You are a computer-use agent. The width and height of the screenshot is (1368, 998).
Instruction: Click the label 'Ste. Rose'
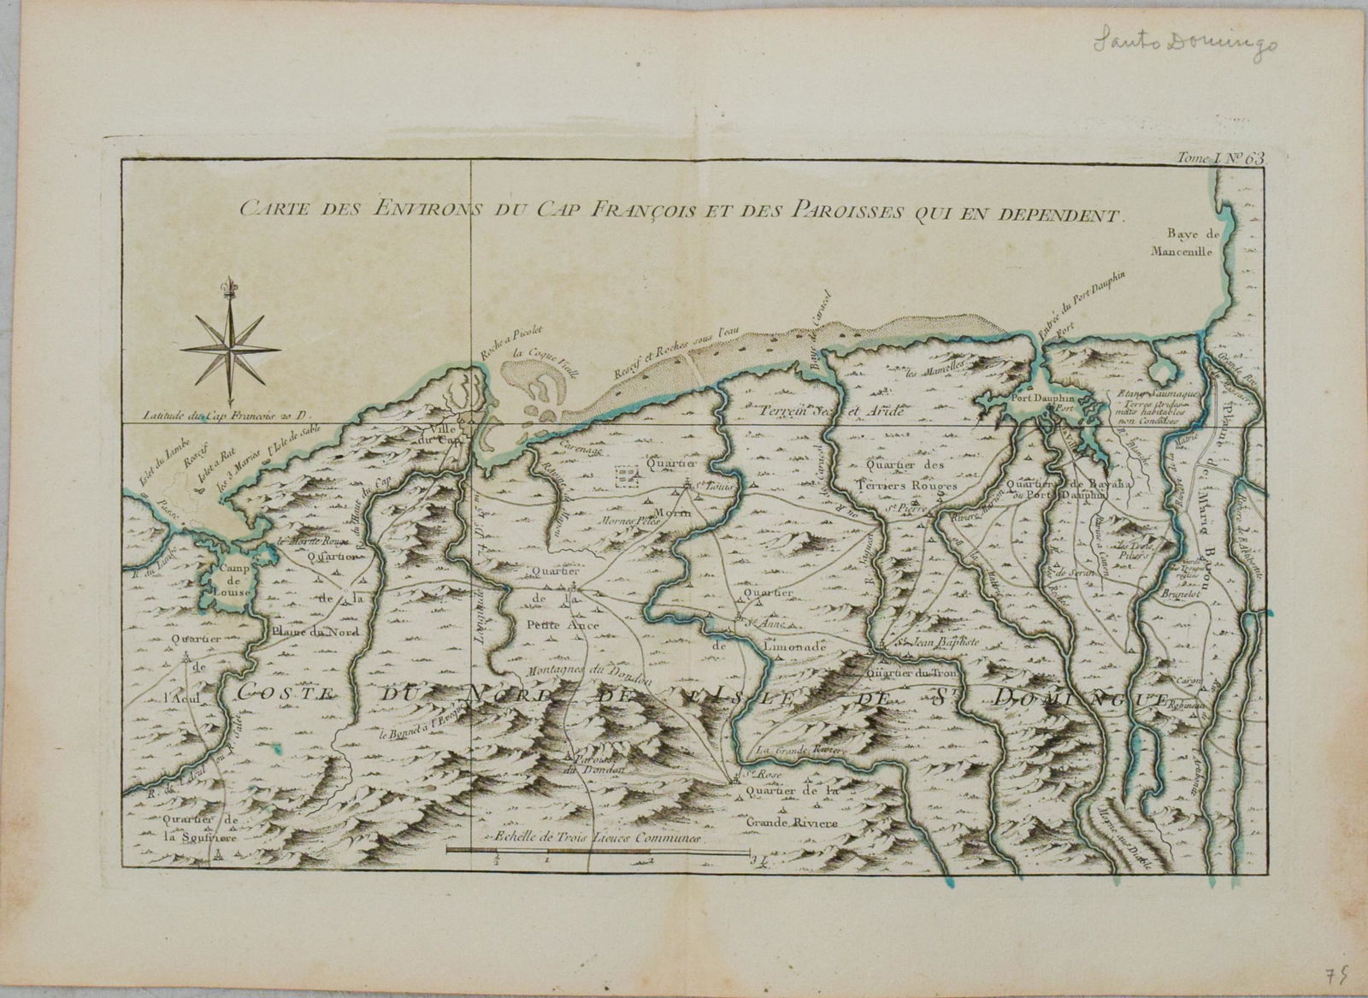750,776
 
